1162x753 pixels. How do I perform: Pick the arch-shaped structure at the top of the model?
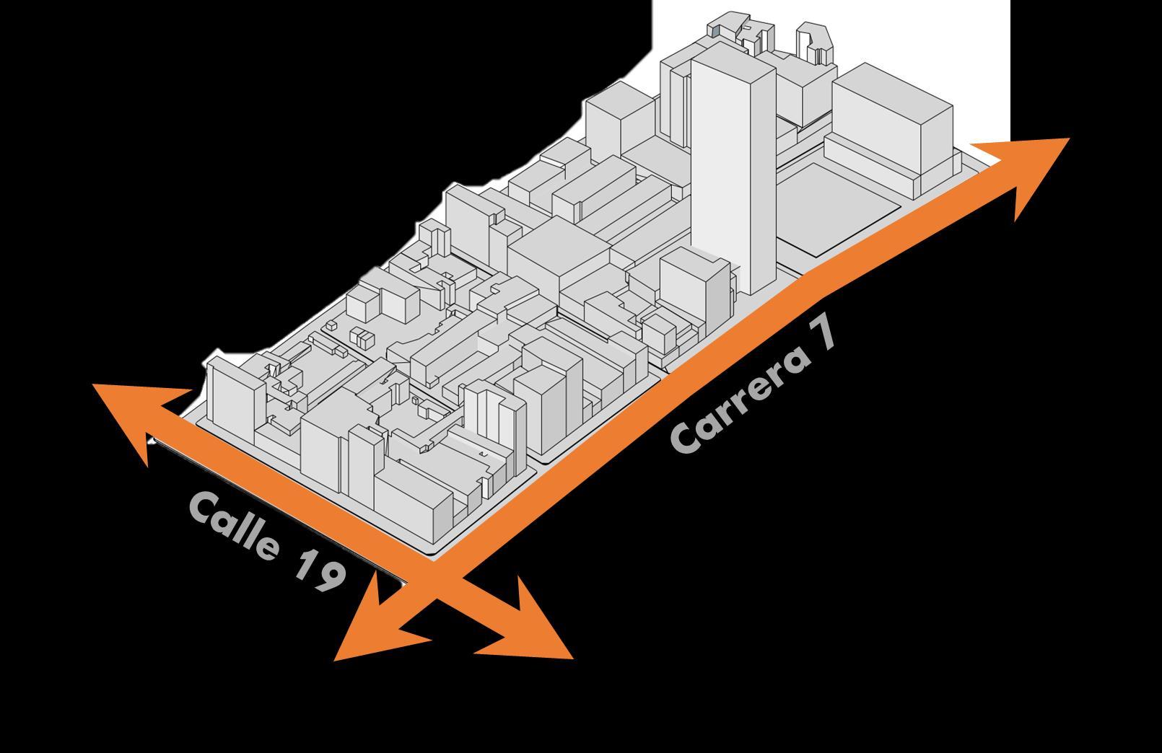(x=814, y=43)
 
